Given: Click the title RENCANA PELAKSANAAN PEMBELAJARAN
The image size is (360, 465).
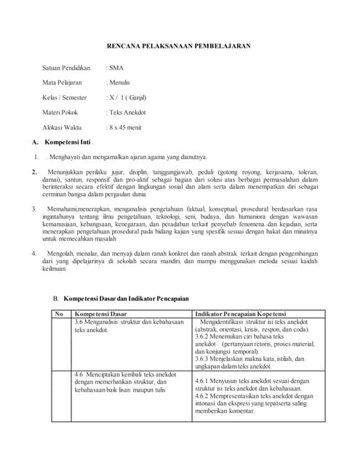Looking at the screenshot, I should tap(179, 46).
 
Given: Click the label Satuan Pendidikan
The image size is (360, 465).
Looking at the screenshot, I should tap(66, 68).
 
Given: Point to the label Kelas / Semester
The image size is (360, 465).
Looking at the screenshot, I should tap(64, 97).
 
